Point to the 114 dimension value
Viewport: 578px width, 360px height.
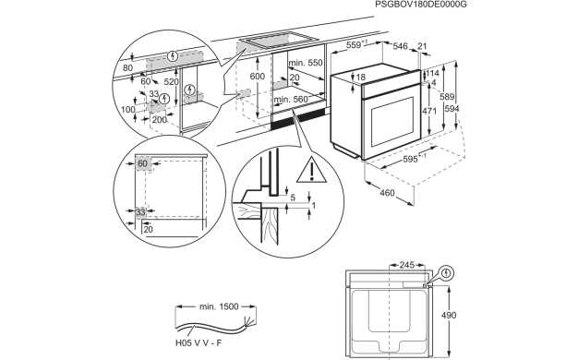coord(432,73)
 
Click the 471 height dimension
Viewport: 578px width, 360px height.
coord(428,110)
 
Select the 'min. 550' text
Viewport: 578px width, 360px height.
coord(306,62)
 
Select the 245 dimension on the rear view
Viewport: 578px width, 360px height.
coord(407,265)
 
